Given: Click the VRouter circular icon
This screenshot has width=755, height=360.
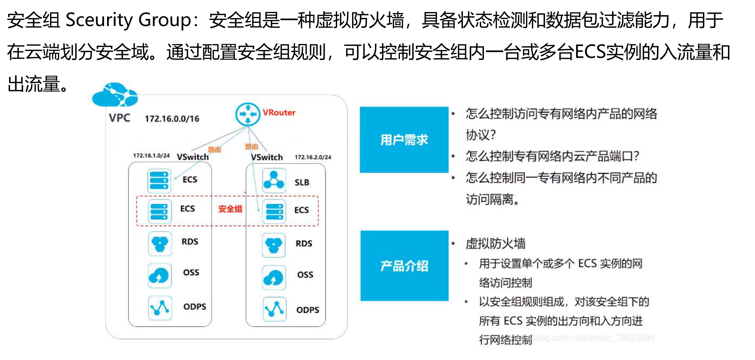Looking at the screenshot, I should tap(248, 114).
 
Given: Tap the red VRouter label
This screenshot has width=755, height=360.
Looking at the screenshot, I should tap(279, 113).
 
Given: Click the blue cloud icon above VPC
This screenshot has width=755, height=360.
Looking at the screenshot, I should tap(115, 95).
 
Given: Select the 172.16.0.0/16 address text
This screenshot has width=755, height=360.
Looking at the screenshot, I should tap(172, 119).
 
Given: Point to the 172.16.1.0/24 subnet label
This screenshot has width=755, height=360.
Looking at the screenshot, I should tap(151, 156).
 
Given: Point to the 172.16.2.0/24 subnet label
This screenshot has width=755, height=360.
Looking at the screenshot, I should tap(313, 157).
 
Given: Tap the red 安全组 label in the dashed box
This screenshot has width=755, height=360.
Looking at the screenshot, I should tap(230, 209).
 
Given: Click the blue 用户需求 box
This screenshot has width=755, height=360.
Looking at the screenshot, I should tap(404, 140).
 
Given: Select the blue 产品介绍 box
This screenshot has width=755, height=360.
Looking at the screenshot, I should tap(404, 266).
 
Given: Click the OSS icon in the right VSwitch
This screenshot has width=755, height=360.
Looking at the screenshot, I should tap(274, 277).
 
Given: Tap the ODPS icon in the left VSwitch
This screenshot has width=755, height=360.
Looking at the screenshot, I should tap(160, 308).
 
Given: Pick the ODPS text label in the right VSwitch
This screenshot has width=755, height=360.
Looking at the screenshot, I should tap(307, 310).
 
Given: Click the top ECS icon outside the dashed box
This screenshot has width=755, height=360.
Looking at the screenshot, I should tap(159, 181).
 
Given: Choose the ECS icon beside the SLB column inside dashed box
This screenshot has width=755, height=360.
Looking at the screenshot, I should tap(274, 212).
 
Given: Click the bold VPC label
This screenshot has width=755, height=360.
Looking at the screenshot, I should tap(120, 118).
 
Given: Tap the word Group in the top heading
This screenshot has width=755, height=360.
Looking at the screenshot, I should tap(164, 20).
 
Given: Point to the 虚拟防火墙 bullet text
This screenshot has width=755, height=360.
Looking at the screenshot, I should tap(495, 243).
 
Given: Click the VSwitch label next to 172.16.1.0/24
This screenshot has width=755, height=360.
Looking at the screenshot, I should tap(193, 157).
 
